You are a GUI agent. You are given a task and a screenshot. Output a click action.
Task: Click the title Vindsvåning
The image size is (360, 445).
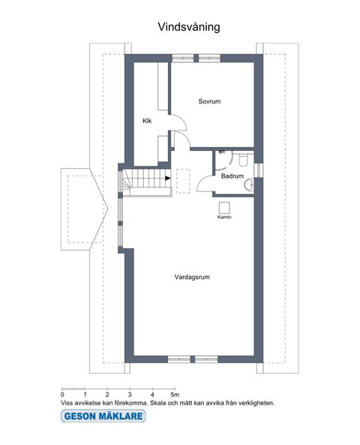tap(188, 26)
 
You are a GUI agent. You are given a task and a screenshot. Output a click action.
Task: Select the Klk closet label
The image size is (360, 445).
tap(148, 120)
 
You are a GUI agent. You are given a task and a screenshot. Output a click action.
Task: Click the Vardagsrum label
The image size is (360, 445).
tap(191, 277)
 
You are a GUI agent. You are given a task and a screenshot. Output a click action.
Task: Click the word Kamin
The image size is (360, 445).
tap(223, 218)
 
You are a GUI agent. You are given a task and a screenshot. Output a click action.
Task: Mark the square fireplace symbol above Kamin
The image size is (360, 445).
tap(223, 208)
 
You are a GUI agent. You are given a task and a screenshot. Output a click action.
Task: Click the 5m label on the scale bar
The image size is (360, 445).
tap(174, 394)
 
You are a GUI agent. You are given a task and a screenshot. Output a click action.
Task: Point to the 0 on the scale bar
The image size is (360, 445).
tap(62, 394)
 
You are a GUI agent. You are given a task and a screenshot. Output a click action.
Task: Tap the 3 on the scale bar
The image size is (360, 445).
tap(130, 394)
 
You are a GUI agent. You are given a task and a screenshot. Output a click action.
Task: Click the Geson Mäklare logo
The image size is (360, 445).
tap(98, 415)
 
